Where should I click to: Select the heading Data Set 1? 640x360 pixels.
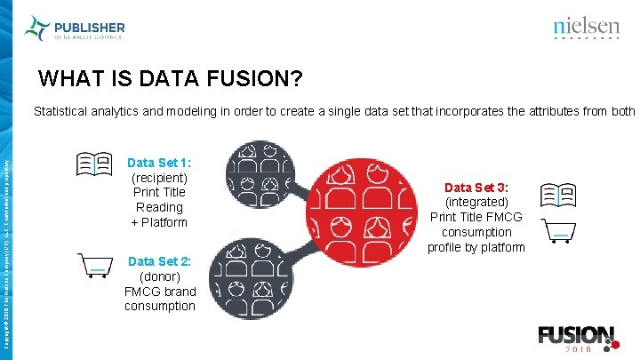pyautogui.click(x=159, y=163)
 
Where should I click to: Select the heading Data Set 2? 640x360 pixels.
pyautogui.click(x=159, y=261)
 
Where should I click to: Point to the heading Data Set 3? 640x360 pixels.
pyautogui.click(x=476, y=188)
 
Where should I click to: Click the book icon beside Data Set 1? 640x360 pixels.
pyautogui.click(x=93, y=164)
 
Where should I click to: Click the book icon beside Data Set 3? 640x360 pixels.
pyautogui.click(x=558, y=195)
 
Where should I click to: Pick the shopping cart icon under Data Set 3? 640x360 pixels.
pyautogui.click(x=558, y=231)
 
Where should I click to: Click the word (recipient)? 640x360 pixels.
pyautogui.click(x=159, y=177)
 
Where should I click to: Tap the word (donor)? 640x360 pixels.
pyautogui.click(x=159, y=276)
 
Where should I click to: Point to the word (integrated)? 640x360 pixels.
pyautogui.click(x=476, y=202)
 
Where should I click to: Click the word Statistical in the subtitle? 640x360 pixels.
pyautogui.click(x=63, y=112)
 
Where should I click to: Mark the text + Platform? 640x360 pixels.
pyautogui.click(x=159, y=221)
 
